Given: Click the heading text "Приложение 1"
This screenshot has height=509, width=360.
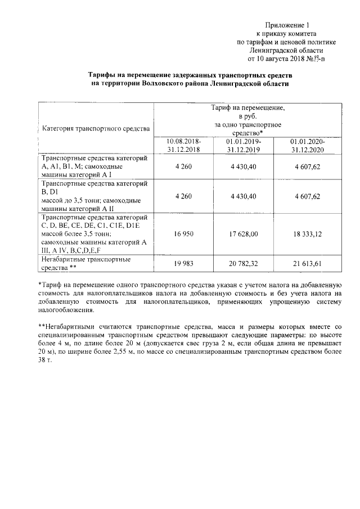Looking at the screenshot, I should click(x=288, y=25).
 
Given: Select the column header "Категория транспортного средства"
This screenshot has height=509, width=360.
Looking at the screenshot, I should click(x=96, y=128).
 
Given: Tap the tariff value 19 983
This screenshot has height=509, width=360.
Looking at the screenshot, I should click(x=184, y=264).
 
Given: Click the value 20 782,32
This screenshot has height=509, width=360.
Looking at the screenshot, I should click(x=243, y=264).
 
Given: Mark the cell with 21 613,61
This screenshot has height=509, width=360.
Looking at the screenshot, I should click(x=307, y=264).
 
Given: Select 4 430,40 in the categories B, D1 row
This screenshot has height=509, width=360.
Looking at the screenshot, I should click(x=243, y=196).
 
